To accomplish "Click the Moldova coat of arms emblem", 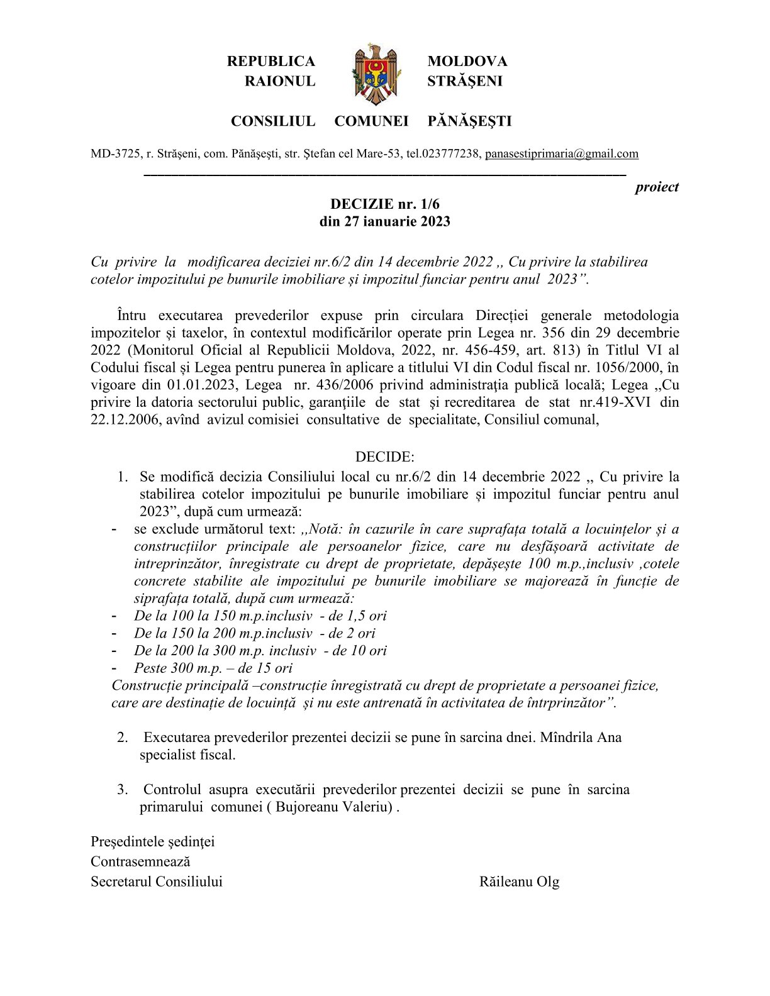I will coord(376,74).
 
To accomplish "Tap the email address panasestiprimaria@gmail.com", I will coord(562,153).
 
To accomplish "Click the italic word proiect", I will coord(657,187).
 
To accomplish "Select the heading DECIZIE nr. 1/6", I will coord(385,204).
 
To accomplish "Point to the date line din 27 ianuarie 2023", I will coord(385,221).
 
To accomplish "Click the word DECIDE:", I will coord(384,456).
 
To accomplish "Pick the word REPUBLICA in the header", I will coord(271,61).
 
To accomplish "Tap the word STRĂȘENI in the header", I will coord(465,81).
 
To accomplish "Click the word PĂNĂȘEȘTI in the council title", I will coord(469,121).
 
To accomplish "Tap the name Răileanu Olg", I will coord(519,882).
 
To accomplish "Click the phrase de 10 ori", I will coord(359,650).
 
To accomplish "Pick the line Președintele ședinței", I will coord(153,841).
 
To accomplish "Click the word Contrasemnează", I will coord(140,861).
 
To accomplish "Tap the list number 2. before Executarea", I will coord(123,737).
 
